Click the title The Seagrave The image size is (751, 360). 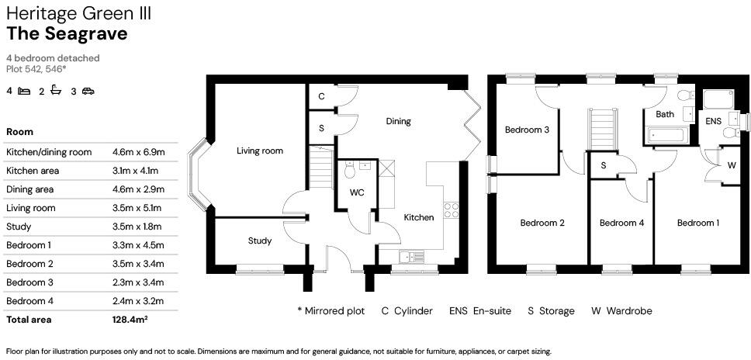pos(67,33)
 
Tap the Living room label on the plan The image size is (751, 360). pos(260,151)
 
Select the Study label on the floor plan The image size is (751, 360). pos(260,241)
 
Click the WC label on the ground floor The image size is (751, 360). pos(357,192)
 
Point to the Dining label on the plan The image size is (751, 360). pos(399,121)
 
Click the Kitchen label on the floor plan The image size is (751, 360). pos(419,217)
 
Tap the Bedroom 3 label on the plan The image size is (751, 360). pos(528,130)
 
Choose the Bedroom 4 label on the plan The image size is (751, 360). pos(621,223)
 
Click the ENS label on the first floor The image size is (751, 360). pos(713,121)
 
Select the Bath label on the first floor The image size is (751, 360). pos(665,114)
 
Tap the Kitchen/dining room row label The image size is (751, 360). pos(49,152)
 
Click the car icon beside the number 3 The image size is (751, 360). pos(88,92)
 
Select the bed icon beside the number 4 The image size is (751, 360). pos(24,92)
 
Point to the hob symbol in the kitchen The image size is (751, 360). pos(450,209)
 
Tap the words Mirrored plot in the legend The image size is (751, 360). pos(334,311)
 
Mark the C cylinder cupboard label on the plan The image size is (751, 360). pos(321,96)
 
